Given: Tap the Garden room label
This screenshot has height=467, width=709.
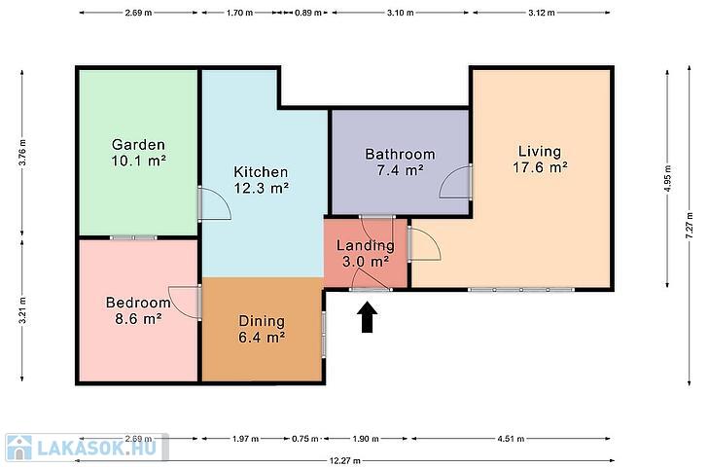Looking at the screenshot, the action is click(138, 145).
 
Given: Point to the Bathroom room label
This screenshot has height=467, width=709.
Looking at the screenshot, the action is click(400, 155).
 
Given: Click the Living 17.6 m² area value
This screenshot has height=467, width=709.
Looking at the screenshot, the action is click(540, 167).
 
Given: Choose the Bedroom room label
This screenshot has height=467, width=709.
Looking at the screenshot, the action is click(138, 303).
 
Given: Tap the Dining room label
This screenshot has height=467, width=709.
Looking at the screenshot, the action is click(262, 322).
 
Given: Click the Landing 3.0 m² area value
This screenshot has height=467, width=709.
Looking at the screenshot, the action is click(366, 262).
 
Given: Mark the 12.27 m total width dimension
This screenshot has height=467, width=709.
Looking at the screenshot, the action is click(344, 461).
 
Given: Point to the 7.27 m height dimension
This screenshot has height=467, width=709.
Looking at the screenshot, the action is click(690, 226).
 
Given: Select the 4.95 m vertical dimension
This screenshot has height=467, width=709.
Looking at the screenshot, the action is click(667, 179).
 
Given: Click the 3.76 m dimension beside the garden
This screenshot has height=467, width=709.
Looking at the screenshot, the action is click(22, 153).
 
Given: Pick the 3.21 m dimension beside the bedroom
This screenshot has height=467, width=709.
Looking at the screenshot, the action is click(22, 310).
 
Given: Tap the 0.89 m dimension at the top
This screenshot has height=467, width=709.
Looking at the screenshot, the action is click(308, 13).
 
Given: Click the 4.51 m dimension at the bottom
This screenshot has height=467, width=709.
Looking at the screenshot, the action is click(511, 439).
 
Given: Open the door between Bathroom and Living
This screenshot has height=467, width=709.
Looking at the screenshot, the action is click(456, 182).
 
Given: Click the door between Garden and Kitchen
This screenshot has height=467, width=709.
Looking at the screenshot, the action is click(215, 204).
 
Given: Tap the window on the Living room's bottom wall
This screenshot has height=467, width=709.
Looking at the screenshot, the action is click(521, 290).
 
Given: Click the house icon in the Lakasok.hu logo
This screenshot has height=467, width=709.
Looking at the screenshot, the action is click(19, 448).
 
